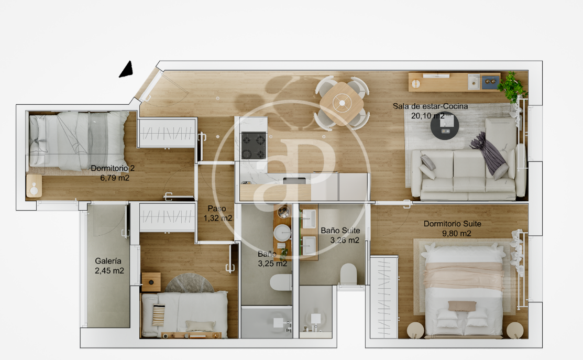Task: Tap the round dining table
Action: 342,102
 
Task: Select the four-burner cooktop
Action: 254,145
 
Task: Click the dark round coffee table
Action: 445,126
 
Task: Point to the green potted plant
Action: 512,86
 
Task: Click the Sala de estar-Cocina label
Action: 430,106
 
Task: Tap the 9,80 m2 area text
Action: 457,234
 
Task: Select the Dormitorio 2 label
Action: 113,168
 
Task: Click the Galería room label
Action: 108,261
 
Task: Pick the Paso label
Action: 217,209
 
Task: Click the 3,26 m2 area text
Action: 345,240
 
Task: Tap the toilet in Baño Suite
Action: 349,274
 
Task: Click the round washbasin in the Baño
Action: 282,233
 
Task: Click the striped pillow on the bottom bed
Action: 159,315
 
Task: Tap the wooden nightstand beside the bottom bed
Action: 151,282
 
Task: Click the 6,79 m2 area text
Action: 115,178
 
